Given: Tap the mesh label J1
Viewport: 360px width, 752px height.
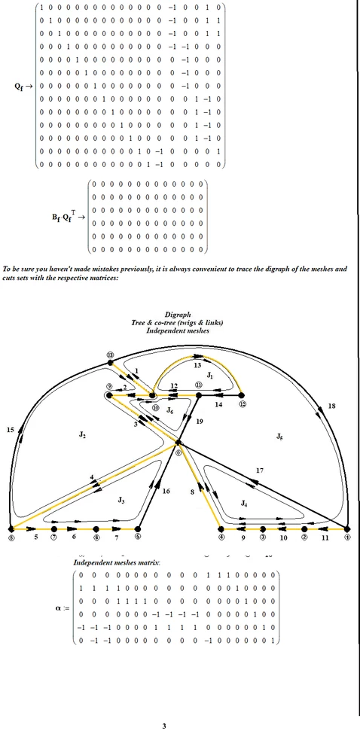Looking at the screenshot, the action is coord(211,374).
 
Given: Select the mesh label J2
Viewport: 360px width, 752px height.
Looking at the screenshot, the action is coord(81,436).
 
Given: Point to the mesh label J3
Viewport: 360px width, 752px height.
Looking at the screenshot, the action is coord(121,498).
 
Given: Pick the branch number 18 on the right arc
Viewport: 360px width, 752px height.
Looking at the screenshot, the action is coord(331,406).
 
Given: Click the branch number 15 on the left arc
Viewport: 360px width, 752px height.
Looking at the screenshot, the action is coord(11,430).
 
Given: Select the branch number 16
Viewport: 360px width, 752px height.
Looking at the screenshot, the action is coord(166,491).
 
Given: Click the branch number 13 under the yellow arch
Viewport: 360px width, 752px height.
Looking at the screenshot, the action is coord(198,365).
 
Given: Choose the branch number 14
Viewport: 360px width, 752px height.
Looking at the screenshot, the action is coord(219,405).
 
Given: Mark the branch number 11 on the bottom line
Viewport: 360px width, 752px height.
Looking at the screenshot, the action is coord(325,539).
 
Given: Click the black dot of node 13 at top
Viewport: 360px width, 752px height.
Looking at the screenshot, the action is coord(111,362).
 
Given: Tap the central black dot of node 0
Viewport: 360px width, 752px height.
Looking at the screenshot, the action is coord(178,443).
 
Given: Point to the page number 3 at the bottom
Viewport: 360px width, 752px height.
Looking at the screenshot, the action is coord(164,726).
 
